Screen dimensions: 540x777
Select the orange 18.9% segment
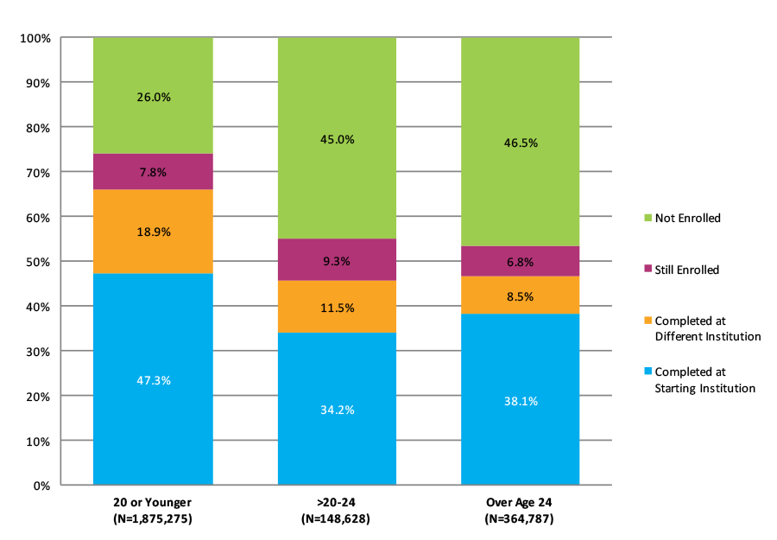[x=153, y=232]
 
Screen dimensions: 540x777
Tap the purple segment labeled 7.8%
[x=153, y=171]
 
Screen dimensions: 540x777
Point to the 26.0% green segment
[x=153, y=97]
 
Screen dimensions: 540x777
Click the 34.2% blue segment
[x=337, y=409]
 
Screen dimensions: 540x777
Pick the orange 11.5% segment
[x=337, y=307]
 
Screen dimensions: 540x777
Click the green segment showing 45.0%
[x=337, y=139]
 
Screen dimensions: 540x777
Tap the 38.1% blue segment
[x=520, y=400]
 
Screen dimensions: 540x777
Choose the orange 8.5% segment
[x=520, y=295]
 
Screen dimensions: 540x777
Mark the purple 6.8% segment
[x=520, y=261]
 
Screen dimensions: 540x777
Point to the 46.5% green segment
[x=520, y=143]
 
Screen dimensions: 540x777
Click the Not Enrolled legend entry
[x=687, y=218]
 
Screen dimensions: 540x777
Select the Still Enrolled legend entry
[x=687, y=270]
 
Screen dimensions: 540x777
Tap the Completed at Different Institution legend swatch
[x=647, y=321]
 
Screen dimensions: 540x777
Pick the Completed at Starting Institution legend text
[x=704, y=380]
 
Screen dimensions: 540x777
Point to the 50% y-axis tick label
[x=39, y=262]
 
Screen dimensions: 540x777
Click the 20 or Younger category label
[x=153, y=502]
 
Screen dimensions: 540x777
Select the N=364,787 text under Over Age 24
[x=520, y=519]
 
